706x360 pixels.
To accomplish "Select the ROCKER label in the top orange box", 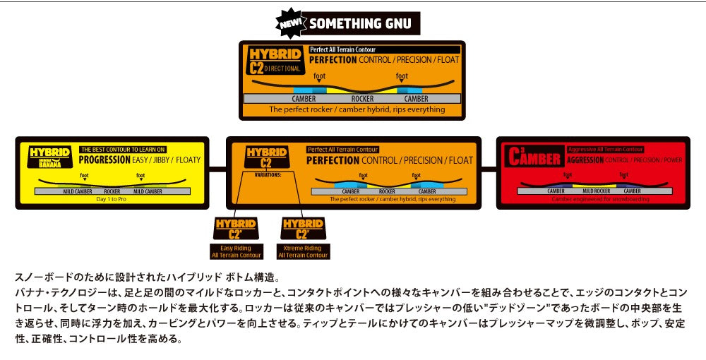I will [362, 99].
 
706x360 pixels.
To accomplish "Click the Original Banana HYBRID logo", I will [49, 157].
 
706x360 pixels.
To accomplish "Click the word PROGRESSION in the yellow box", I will [104, 160].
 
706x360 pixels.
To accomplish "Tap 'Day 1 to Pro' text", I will [112, 198].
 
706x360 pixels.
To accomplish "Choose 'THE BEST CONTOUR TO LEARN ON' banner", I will [123, 149].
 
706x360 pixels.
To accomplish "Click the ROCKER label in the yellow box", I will [112, 191].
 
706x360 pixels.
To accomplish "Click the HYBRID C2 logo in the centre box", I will [265, 157].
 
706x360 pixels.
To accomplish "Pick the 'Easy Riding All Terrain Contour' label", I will [236, 251].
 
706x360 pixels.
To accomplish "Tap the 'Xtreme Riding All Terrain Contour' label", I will [302, 251].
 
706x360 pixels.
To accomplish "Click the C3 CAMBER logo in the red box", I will [534, 157].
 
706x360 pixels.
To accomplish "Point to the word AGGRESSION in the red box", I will [585, 160].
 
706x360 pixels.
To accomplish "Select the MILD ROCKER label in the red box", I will [597, 191].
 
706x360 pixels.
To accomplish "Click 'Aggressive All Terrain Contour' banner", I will [605, 150].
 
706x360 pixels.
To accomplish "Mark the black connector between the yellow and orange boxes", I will [217, 169].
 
